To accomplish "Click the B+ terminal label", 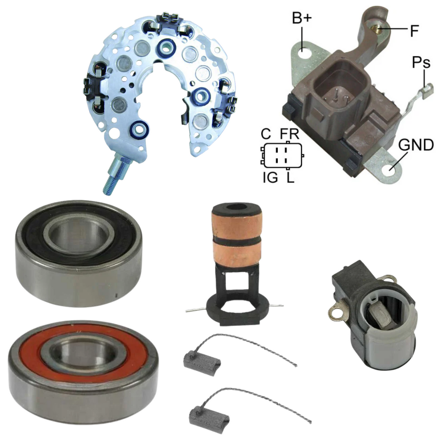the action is tap(302, 18).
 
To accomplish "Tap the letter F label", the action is tap(415, 31).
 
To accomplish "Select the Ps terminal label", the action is tap(421, 62).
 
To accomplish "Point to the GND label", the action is tap(416, 145).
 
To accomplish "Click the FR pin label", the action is tap(289, 134).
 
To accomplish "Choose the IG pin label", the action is tap(270, 178).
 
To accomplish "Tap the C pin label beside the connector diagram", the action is tap(266, 134).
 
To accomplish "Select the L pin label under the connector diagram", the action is tap(290, 178).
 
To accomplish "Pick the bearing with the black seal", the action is tap(79, 252).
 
